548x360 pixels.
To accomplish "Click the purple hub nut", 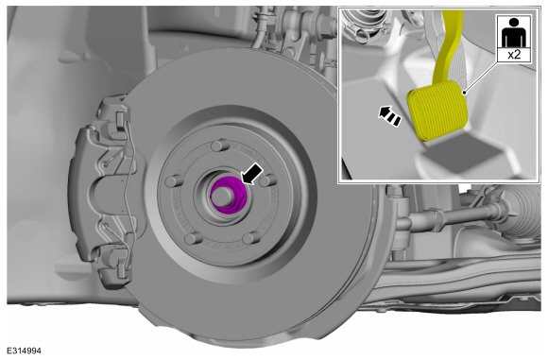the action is [229, 195].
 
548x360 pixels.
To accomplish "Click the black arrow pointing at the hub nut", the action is [252, 174].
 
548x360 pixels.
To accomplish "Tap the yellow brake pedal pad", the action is [437, 111].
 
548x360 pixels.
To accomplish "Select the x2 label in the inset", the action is [514, 55].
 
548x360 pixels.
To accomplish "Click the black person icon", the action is [514, 32].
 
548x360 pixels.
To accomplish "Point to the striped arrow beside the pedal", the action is [389, 116].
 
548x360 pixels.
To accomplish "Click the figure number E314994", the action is [25, 351].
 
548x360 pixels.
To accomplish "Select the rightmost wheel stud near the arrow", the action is [268, 181].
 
